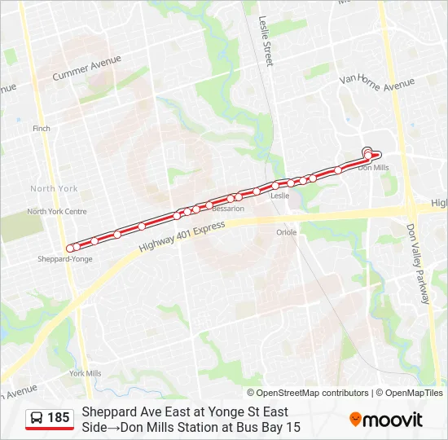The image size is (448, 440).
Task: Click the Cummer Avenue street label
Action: (x=86, y=68)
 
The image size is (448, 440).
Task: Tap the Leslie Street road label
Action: (x=265, y=41)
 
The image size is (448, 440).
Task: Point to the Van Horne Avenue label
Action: (x=377, y=81)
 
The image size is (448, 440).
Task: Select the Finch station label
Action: (x=42, y=129)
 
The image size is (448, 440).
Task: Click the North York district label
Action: (x=54, y=188)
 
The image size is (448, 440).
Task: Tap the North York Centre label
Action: (x=57, y=212)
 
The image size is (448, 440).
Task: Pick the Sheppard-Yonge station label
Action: (x=65, y=259)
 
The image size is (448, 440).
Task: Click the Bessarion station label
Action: (x=227, y=209)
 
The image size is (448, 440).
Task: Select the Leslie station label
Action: (x=279, y=196)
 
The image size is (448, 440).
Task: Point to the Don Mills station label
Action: (x=374, y=168)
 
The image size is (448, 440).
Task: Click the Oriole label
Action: (x=286, y=232)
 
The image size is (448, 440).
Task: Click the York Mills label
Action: (x=86, y=373)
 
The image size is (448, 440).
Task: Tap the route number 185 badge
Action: (x=59, y=418)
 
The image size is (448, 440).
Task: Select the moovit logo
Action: (x=386, y=420)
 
